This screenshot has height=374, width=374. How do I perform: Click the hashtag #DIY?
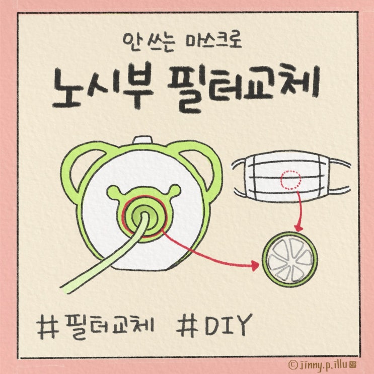click(214, 325)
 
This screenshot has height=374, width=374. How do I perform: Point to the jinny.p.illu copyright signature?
click(323, 365)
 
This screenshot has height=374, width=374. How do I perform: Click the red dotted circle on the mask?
click(290, 180)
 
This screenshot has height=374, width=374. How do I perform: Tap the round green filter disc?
click(290, 259)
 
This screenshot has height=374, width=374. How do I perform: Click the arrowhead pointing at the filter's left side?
click(255, 265)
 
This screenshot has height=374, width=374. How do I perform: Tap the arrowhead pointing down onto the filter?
click(298, 228)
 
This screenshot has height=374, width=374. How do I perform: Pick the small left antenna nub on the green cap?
click(113, 191)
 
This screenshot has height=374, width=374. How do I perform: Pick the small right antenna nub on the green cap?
click(175, 189)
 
